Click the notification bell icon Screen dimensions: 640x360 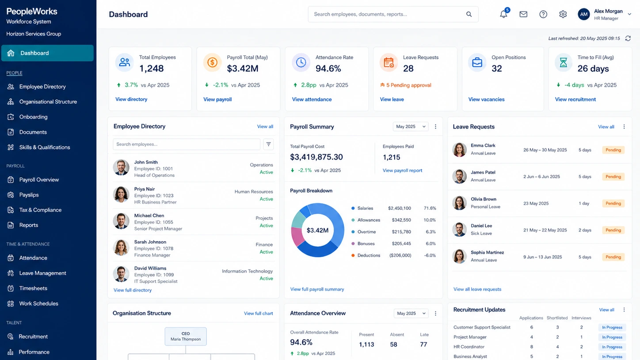tap(503, 14)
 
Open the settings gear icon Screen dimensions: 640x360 tap(563, 14)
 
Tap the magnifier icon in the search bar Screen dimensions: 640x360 tap(469, 14)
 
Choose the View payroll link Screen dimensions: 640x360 tap(217, 99)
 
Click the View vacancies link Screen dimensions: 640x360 tap(486, 99)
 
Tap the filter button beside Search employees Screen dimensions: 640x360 tap(268, 144)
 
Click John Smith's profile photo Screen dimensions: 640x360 tap(121, 167)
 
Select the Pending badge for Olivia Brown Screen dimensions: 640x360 tap(613, 203)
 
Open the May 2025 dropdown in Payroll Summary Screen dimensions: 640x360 tap(411, 126)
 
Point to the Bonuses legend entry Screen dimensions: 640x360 tap(363, 243)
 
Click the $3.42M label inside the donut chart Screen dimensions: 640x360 tap(317, 230)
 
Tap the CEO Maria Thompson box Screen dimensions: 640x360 tap(186, 336)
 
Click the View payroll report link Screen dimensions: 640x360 tap(402, 171)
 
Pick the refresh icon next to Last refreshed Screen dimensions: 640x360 tap(628, 38)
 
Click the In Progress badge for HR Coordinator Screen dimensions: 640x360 tap(612, 347)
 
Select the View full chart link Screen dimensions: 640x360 tap(258, 314)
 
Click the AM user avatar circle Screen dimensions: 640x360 tap(584, 14)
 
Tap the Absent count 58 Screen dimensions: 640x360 tap(393, 345)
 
